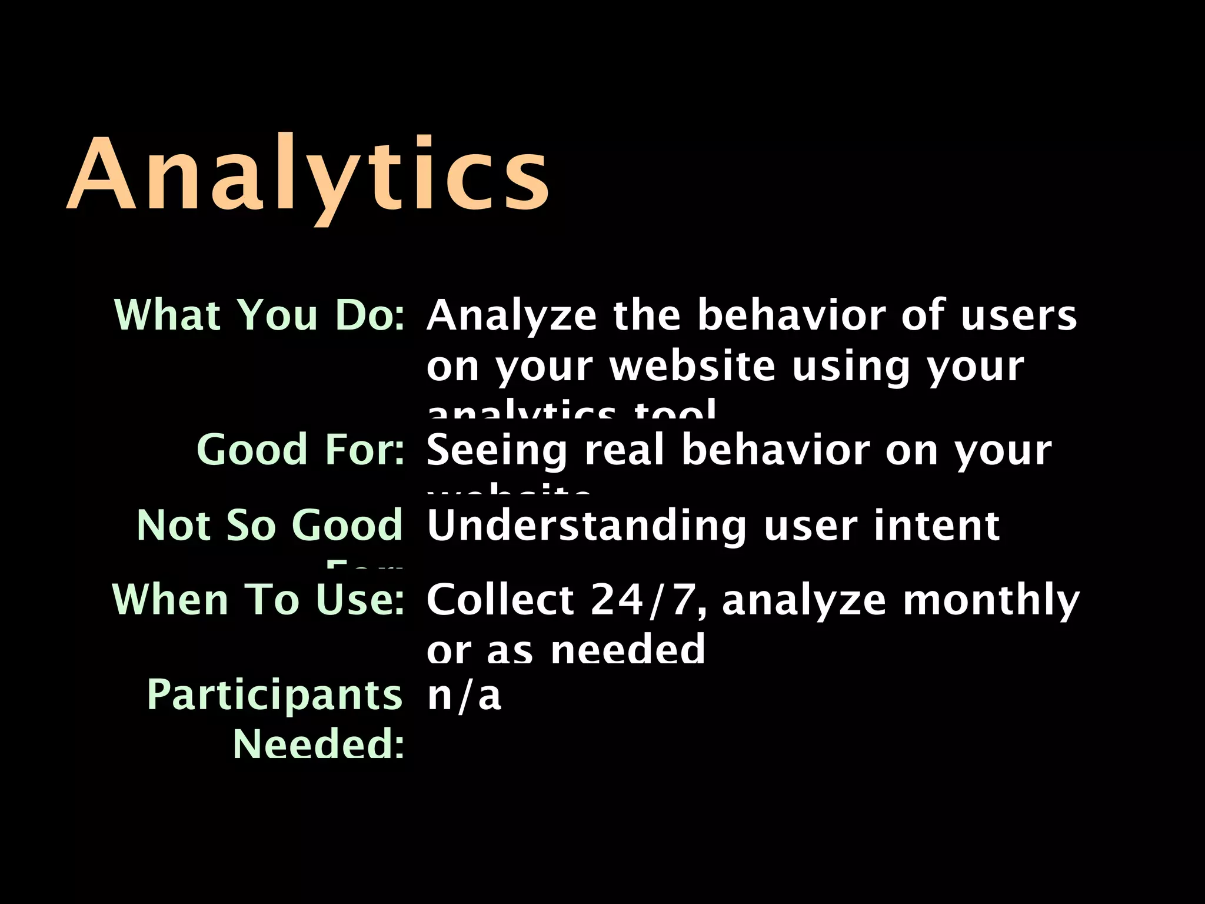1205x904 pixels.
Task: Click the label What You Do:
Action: [x=259, y=315]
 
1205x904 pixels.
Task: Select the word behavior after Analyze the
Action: [x=791, y=315]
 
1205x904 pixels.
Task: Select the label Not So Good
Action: [x=269, y=525]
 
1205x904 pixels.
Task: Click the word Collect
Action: [x=500, y=600]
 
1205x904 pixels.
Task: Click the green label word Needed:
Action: [x=318, y=744]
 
